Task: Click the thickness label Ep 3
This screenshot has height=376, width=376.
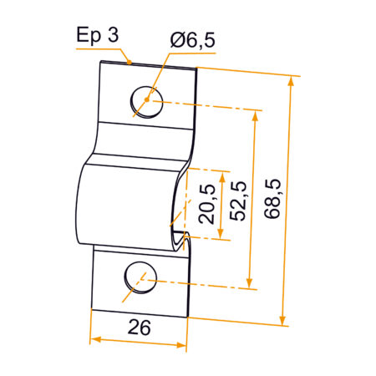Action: (96, 35)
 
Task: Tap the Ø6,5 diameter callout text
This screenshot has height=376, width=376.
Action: (193, 38)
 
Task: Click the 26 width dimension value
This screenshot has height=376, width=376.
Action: (140, 328)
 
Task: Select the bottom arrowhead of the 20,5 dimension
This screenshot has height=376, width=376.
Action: (220, 236)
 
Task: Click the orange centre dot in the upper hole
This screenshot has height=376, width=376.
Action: (146, 101)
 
